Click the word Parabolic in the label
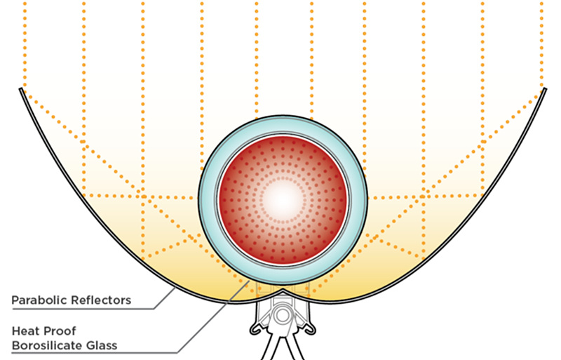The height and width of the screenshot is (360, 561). point(39,300)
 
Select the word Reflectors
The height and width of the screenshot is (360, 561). point(101,300)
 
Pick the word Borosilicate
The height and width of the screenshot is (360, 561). point(47,346)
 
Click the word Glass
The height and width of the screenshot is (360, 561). point(102,346)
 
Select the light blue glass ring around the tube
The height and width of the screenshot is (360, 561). point(208,201)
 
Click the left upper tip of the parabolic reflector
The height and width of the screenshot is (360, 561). point(21,89)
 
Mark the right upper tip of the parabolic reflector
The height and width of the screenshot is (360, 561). point(545,89)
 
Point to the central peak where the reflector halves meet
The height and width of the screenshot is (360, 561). point(283,289)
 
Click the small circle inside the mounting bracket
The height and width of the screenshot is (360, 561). point(283,316)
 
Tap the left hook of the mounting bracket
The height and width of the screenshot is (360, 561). point(255,331)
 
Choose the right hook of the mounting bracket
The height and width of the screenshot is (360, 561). point(310,331)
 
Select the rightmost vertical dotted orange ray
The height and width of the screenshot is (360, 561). point(541,46)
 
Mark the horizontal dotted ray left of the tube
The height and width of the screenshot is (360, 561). point(140,196)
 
